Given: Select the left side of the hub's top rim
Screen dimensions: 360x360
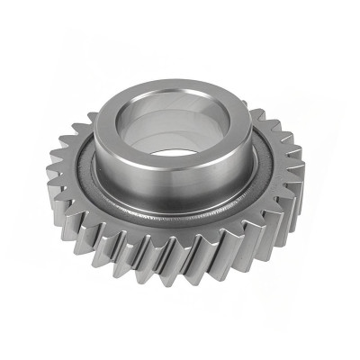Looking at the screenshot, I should point(105,126).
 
